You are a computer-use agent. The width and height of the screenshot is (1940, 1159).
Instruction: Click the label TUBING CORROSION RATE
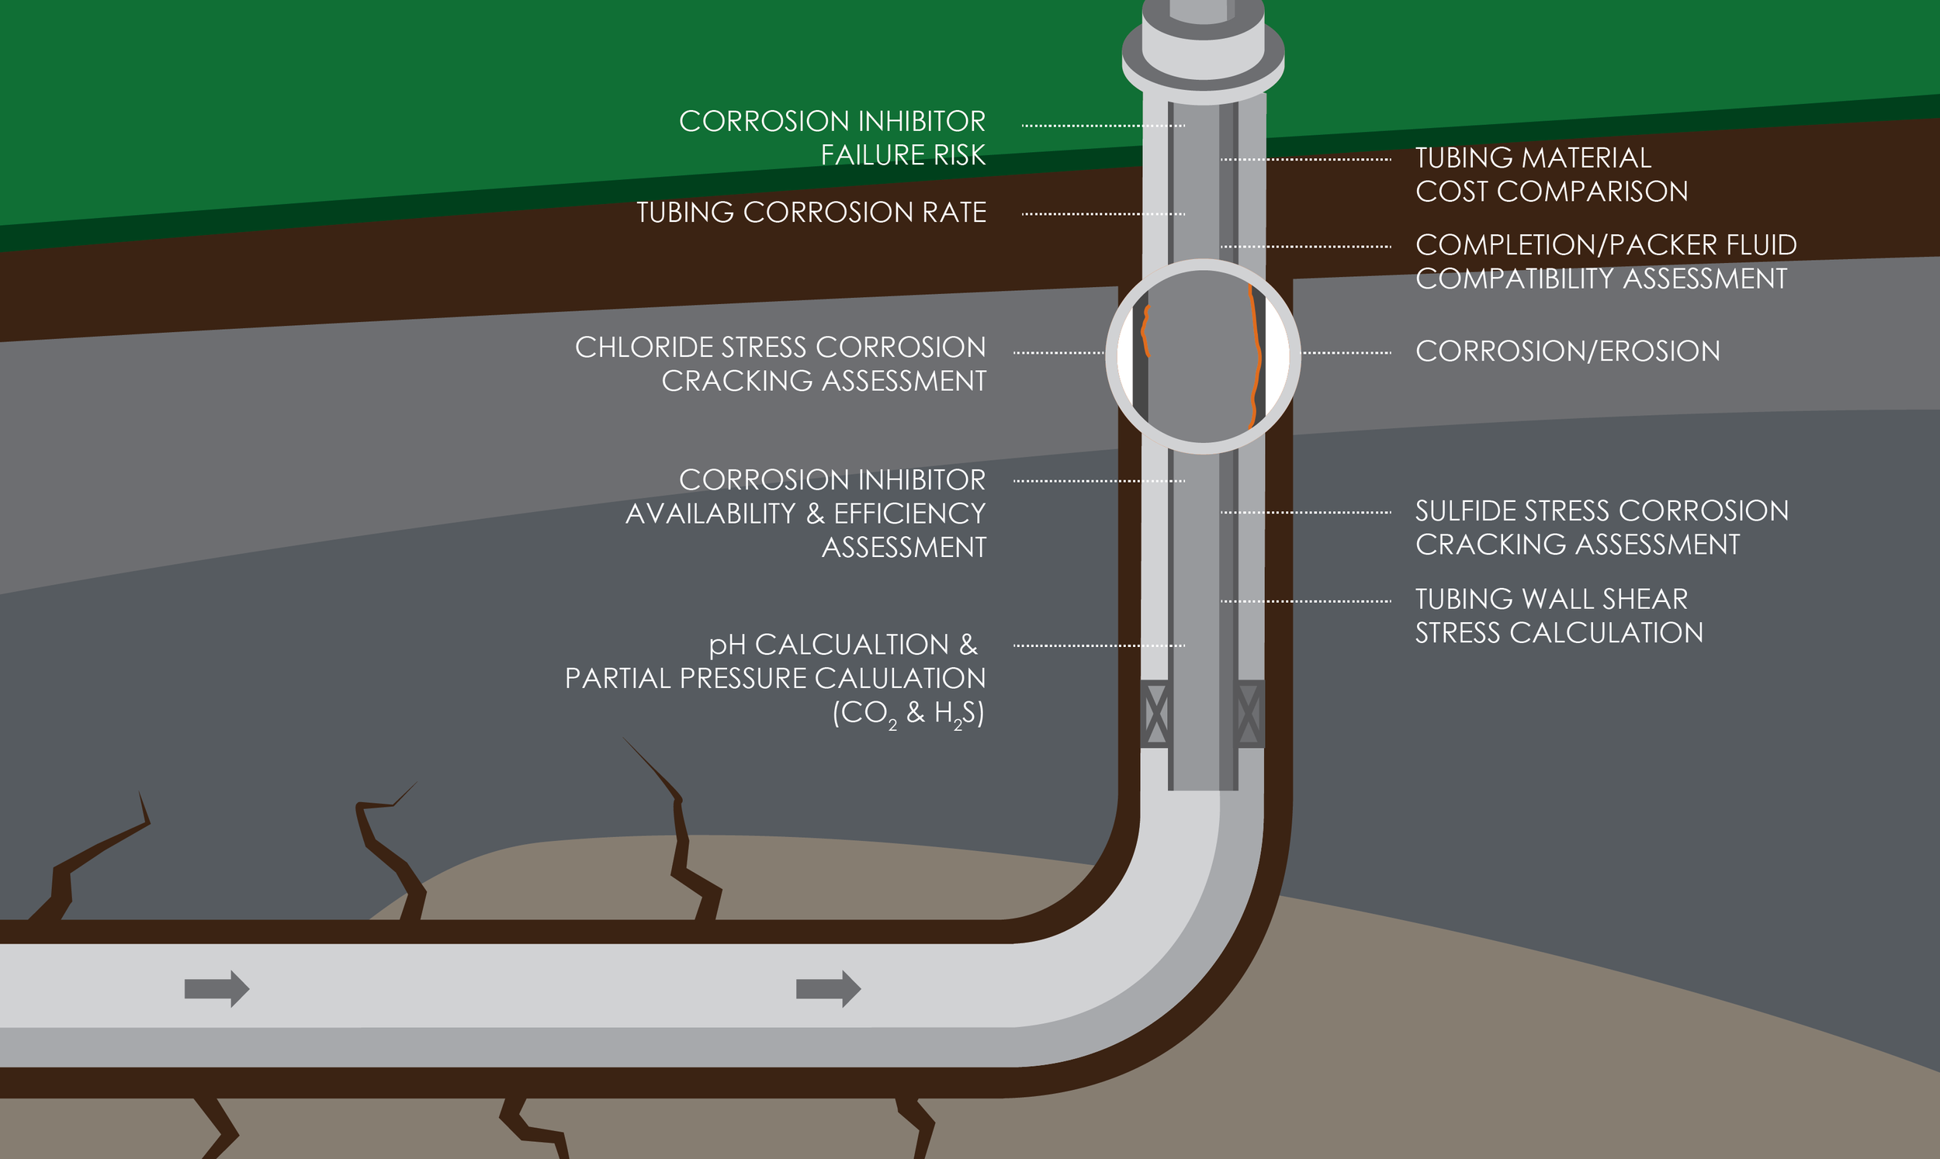(811, 213)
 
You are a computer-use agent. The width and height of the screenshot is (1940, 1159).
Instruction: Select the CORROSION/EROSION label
(1568, 351)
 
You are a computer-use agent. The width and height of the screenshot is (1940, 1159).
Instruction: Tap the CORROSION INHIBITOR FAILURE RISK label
(832, 138)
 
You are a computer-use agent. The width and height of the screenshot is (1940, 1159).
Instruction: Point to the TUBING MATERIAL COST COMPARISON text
(1551, 175)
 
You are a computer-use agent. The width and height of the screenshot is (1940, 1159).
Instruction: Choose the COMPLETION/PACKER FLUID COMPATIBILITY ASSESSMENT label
(1605, 261)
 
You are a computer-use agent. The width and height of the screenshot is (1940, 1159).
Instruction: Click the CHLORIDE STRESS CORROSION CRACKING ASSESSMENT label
(780, 364)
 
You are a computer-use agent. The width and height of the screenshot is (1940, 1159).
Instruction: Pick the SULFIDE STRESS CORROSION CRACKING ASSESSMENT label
(1601, 528)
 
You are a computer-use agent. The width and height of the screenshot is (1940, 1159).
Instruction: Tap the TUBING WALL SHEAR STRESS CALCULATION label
(1559, 615)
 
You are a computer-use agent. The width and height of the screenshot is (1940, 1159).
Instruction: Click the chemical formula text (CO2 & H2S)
(907, 713)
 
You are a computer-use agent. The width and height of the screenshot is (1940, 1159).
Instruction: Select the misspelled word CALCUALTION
(851, 645)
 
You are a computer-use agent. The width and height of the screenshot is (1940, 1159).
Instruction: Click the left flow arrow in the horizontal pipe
(217, 989)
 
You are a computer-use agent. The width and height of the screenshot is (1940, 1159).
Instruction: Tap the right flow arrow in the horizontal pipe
(828, 989)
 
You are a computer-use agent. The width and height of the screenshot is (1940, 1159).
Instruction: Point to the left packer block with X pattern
(1156, 714)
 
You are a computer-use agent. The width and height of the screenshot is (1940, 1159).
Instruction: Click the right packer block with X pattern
(1249, 714)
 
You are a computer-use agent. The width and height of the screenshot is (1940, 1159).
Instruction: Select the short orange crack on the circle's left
(1145, 331)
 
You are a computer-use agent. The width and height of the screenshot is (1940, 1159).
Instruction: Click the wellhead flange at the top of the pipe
(1203, 59)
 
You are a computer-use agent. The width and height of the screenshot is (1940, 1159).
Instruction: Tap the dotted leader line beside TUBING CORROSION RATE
(1103, 213)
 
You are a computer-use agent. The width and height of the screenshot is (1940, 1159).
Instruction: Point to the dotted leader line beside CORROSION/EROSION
(1346, 352)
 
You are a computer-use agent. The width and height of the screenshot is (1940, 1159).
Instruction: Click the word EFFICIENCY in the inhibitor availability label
(909, 514)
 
